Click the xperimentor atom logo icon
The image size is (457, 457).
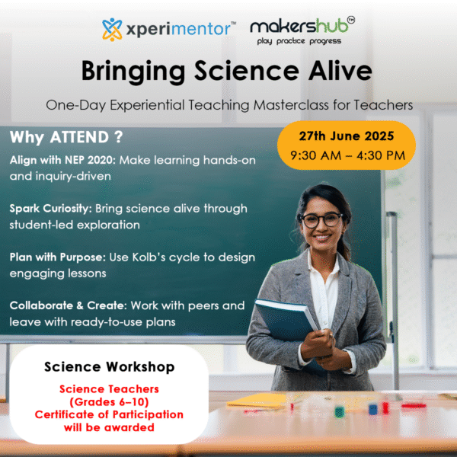pyautogui.click(x=112, y=29)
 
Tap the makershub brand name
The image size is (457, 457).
pyautogui.click(x=300, y=26)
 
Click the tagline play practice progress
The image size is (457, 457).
pyautogui.click(x=299, y=41)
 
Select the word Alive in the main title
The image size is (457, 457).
pyautogui.click(x=340, y=71)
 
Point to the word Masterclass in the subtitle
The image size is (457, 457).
pyautogui.click(x=291, y=105)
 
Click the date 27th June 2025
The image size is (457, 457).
pyautogui.click(x=347, y=136)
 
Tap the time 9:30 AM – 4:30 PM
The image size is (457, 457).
pyautogui.click(x=348, y=155)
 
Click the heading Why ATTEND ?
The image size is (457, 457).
pyautogui.click(x=66, y=137)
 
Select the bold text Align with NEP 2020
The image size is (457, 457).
pyautogui.click(x=63, y=160)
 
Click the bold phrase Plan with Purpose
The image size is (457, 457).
pyautogui.click(x=58, y=257)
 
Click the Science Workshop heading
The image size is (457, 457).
pyautogui.click(x=109, y=366)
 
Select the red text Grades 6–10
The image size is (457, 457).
pyautogui.click(x=109, y=402)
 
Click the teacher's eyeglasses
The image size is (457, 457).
pyautogui.click(x=321, y=220)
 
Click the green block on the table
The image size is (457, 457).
pyautogui.click(x=339, y=412)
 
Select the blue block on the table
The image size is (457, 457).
pyautogui.click(x=372, y=409)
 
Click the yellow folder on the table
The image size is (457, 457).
pyautogui.click(x=257, y=401)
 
